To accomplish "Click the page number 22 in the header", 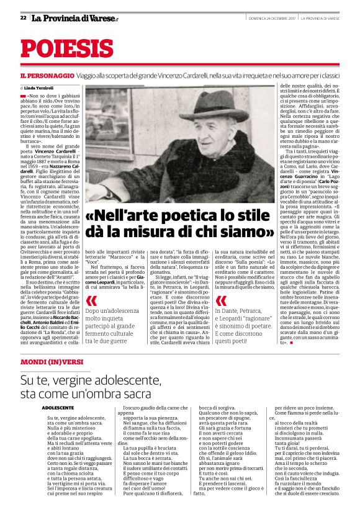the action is click(23, 18).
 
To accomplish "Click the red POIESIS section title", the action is click(67, 50).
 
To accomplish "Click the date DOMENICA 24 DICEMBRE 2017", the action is click(269, 18).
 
